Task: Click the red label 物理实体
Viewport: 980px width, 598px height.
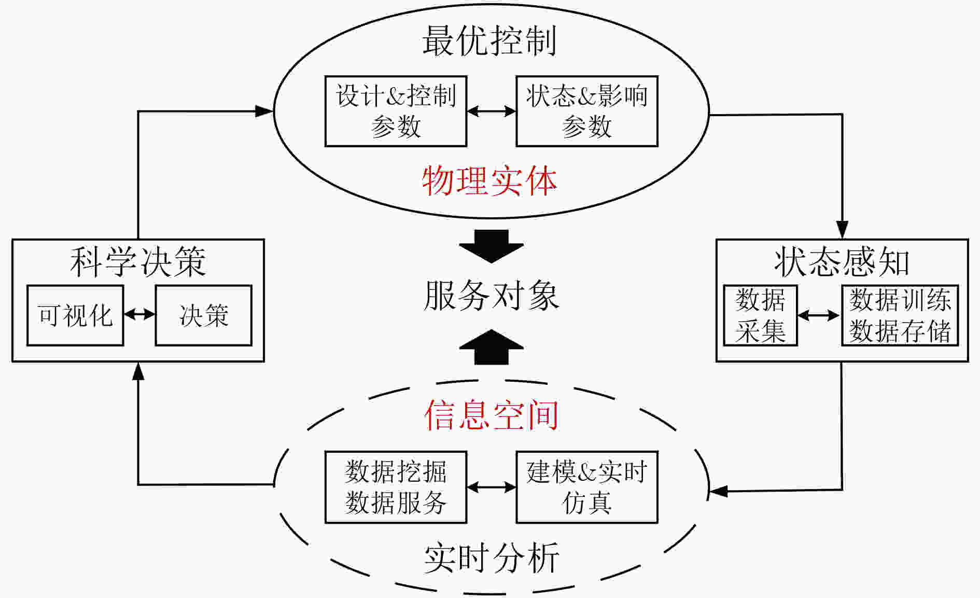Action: (x=489, y=181)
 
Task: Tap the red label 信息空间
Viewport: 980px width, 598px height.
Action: (x=491, y=415)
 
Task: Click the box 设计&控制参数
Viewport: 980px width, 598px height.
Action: (x=396, y=111)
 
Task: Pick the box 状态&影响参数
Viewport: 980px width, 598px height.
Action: (x=587, y=111)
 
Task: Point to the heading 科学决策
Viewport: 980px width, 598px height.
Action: (x=138, y=262)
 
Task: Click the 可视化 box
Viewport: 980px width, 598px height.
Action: (x=75, y=315)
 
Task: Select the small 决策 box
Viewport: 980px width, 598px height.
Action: (x=204, y=315)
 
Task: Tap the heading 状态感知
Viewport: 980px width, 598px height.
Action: (x=842, y=262)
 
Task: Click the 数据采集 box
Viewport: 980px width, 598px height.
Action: (x=760, y=315)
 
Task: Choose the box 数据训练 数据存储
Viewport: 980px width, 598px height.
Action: (x=900, y=315)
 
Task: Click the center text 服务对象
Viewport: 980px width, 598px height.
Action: (x=491, y=296)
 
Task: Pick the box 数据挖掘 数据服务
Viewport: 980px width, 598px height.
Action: (x=396, y=487)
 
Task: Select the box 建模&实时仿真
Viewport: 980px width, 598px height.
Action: (x=587, y=487)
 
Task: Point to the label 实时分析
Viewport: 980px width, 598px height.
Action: (x=491, y=558)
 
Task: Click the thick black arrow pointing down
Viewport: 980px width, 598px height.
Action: (x=491, y=246)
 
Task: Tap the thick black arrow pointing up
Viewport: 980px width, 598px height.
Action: (x=491, y=346)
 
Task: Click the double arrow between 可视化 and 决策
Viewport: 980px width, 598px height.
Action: (x=139, y=314)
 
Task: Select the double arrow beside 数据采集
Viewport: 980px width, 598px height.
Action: (x=819, y=315)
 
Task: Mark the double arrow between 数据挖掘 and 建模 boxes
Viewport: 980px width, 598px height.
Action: (x=492, y=487)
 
